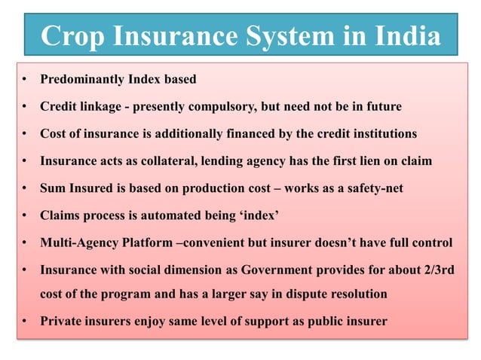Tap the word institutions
coord(380,134)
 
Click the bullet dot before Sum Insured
coord(25,188)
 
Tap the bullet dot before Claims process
coord(25,215)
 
